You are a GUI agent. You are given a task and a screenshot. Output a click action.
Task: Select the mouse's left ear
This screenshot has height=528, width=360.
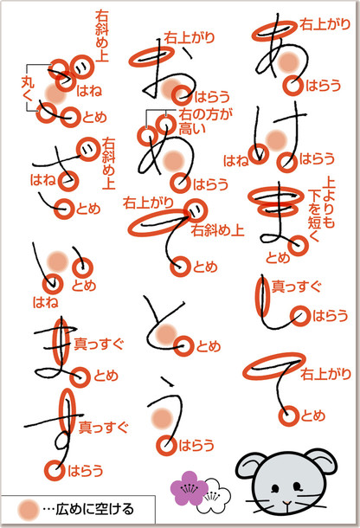247,466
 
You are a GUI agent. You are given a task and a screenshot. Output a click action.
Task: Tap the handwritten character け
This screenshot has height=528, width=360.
277,138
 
